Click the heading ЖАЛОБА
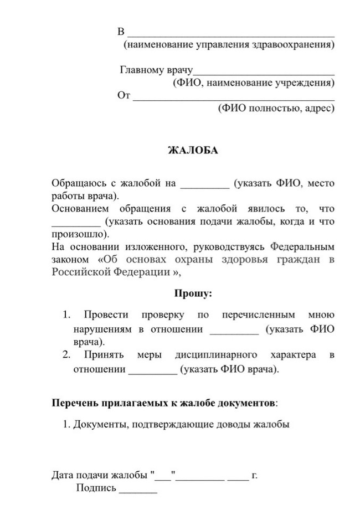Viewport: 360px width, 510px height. point(193,150)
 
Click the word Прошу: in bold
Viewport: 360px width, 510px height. point(193,293)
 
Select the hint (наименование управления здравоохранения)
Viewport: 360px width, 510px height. point(229,44)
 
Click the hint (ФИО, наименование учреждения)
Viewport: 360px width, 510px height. point(254,84)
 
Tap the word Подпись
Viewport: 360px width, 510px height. point(96,488)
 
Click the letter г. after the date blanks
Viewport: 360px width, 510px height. point(255,475)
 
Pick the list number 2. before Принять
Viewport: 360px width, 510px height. point(66,354)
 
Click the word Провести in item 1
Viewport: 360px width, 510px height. point(106,315)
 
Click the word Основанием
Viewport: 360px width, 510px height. point(78,209)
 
